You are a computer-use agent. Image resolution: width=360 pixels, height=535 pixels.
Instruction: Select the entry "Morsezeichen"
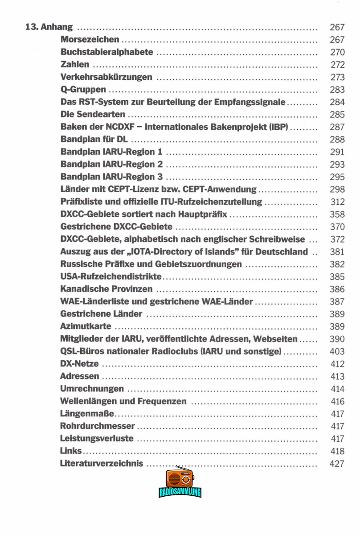(90, 40)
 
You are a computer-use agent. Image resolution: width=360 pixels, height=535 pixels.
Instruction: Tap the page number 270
(337, 52)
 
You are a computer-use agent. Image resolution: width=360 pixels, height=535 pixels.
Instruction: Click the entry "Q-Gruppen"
(83, 90)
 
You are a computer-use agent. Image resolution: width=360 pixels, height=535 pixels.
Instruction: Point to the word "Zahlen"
(75, 65)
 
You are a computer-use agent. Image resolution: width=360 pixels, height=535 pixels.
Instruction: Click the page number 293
(337, 165)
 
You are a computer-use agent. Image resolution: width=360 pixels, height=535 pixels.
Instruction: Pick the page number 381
(337, 252)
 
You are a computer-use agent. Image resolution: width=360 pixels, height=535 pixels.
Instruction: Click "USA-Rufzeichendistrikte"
(111, 277)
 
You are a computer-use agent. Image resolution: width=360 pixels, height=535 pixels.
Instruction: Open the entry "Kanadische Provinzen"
(106, 289)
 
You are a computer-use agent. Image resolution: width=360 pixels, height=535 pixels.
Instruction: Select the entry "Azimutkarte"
(86, 327)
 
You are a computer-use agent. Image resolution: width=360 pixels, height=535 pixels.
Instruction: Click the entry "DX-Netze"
(79, 364)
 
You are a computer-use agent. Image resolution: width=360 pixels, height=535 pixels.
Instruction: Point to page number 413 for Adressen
(337, 377)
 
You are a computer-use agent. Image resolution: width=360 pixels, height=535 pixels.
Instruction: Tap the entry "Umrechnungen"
(92, 389)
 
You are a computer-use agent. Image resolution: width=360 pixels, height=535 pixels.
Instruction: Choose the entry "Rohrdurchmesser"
(98, 426)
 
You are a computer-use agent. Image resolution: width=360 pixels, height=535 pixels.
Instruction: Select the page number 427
(337, 464)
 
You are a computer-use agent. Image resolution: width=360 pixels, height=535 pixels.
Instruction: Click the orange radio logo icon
(180, 478)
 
